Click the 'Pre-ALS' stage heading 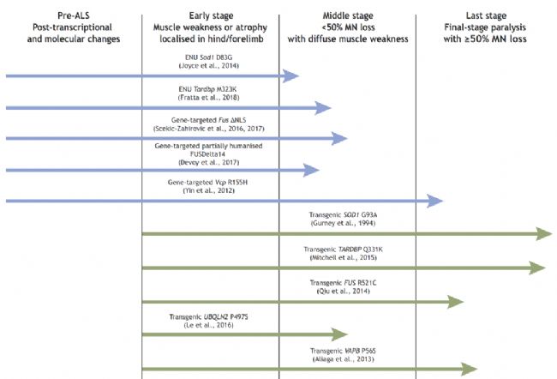click(74, 15)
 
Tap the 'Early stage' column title click(211, 16)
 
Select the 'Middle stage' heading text click(348, 16)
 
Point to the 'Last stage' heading click(486, 16)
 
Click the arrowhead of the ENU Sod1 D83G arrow click(290, 75)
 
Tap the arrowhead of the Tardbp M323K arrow click(322, 108)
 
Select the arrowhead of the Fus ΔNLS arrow click(339, 138)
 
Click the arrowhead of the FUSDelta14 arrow click(311, 171)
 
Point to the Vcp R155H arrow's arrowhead click(434, 201)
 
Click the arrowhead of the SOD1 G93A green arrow click(544, 234)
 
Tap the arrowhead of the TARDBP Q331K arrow click(537, 268)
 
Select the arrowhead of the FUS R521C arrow click(455, 302)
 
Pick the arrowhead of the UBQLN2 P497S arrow click(339, 334)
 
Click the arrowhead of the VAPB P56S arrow click(469, 369)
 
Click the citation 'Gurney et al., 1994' click(343, 223)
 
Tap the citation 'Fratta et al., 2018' click(208, 98)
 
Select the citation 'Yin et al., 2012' click(208, 190)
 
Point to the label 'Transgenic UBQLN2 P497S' click(208, 316)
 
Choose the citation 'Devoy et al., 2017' click(208, 162)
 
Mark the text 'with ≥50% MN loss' click(485, 39)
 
